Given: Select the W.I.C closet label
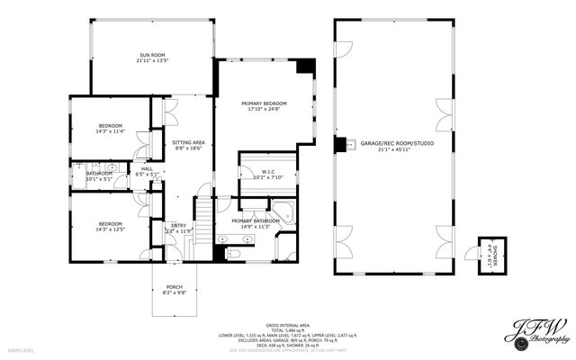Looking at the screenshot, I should tap(268, 171).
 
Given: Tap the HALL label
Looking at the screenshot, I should tap(147, 168).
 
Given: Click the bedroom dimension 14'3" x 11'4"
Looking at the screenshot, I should tap(110, 131).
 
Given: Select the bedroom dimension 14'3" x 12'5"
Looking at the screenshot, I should tap(110, 229).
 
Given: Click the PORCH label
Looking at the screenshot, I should tap(173, 287).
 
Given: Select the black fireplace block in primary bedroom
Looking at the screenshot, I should tap(306, 67).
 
